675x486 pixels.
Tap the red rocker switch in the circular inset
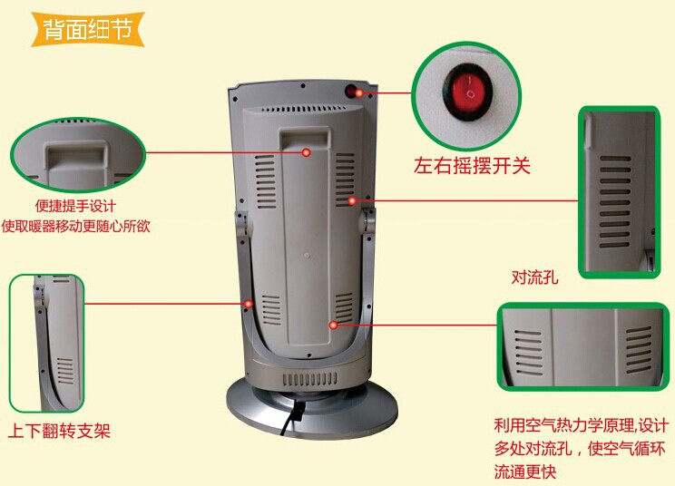[470, 90]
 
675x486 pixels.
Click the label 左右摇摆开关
[472, 165]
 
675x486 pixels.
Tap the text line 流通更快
[525, 471]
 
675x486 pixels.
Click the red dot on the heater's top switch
[359, 92]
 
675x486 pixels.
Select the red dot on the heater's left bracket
[247, 304]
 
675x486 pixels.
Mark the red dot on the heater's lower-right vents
[334, 324]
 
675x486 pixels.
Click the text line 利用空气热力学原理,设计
[580, 426]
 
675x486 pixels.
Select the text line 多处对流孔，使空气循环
[580, 449]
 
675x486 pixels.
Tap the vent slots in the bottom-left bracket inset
[64, 370]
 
